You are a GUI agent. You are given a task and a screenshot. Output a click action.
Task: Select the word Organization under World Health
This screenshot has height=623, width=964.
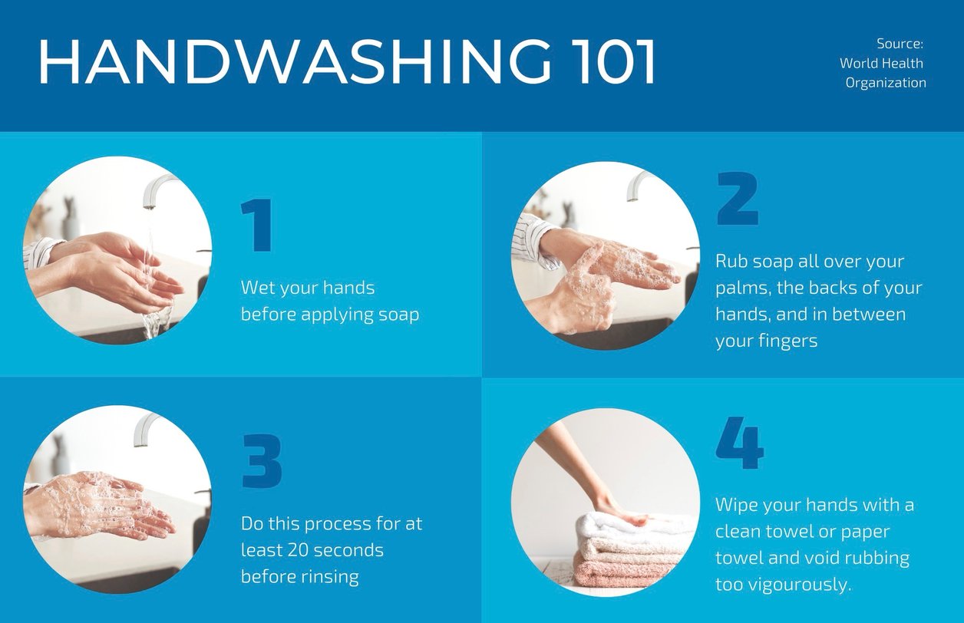pyautogui.click(x=886, y=83)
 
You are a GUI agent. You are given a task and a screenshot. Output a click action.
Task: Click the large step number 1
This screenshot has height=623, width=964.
pyautogui.click(x=257, y=226)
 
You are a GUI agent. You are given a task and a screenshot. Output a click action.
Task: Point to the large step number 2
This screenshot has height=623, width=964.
pyautogui.click(x=738, y=199)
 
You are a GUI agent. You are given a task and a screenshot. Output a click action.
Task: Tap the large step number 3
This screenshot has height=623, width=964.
pyautogui.click(x=262, y=462)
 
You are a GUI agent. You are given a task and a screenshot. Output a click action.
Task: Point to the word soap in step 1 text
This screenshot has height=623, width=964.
pyautogui.click(x=398, y=315)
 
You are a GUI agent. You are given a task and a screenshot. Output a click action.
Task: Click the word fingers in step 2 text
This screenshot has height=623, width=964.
pyautogui.click(x=788, y=341)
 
